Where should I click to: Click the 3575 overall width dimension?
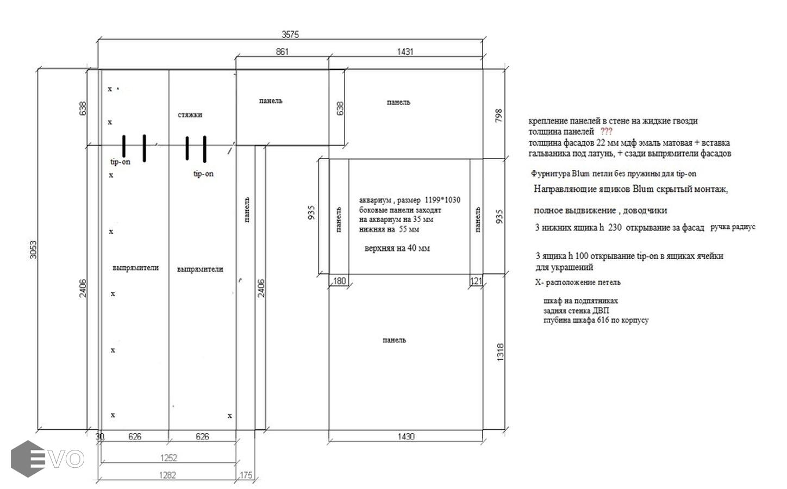pyautogui.click(x=290, y=34)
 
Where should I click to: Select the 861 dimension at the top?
pyautogui.click(x=282, y=52)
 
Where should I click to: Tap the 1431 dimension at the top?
pyautogui.click(x=405, y=52)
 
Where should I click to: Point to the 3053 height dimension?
pyautogui.click(x=33, y=249)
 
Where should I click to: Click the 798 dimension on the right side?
pyautogui.click(x=498, y=116)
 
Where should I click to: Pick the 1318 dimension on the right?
pyautogui.click(x=501, y=353)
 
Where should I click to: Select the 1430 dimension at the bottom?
pyautogui.click(x=406, y=436)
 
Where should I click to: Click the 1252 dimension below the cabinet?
pyautogui.click(x=168, y=457)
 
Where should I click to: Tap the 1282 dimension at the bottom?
pyautogui.click(x=167, y=475)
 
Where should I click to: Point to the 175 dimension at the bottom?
pyautogui.click(x=246, y=475)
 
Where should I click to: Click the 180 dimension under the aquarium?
pyautogui.click(x=339, y=281)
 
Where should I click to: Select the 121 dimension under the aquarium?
pyautogui.click(x=476, y=281)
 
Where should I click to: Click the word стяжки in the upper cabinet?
pyautogui.click(x=190, y=115)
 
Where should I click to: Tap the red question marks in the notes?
pyautogui.click(x=606, y=131)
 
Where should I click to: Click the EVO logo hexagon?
pyautogui.click(x=28, y=459)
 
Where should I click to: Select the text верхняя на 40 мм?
pyautogui.click(x=397, y=248)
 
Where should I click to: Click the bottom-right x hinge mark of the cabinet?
pyautogui.click(x=230, y=416)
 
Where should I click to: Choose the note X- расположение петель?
pyautogui.click(x=578, y=282)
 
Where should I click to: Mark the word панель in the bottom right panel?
pyautogui.click(x=394, y=340)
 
